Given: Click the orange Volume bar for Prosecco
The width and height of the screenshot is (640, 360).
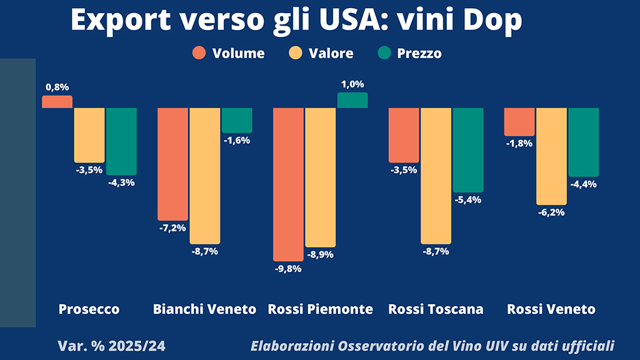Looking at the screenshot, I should pyautogui.click(x=57, y=102).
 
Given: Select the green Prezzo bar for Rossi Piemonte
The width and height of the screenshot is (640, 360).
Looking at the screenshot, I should pyautogui.click(x=352, y=100).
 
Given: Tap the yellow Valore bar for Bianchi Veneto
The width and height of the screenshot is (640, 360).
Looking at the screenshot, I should pyautogui.click(x=205, y=176).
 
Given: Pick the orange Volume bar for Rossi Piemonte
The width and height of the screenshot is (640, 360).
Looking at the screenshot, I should pyautogui.click(x=288, y=184).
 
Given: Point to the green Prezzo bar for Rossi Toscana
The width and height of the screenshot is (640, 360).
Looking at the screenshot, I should pyautogui.click(x=468, y=150).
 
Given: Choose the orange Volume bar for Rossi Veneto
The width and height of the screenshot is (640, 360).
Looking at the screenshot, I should pyautogui.click(x=519, y=122).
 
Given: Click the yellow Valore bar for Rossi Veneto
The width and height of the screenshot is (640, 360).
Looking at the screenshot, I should pyautogui.click(x=551, y=156).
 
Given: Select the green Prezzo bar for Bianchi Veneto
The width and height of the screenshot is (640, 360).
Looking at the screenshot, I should pyautogui.click(x=237, y=120).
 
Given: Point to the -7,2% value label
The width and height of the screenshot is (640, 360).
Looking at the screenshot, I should pyautogui.click(x=172, y=228).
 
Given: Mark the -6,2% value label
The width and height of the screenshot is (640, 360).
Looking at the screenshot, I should pyautogui.click(x=551, y=212).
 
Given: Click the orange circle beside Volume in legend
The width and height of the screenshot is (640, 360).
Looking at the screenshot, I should pyautogui.click(x=199, y=53).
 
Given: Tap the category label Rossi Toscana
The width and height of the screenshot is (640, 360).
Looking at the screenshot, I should pyautogui.click(x=436, y=309).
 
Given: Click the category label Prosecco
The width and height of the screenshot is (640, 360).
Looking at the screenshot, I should pyautogui.click(x=89, y=309).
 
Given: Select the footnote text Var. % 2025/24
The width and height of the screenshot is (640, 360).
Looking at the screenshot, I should pyautogui.click(x=111, y=346).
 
